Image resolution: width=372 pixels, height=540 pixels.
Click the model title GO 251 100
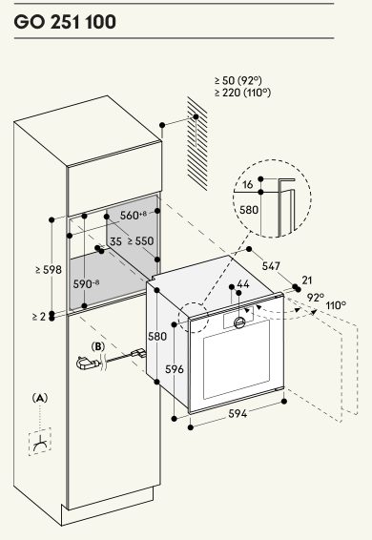(65, 22)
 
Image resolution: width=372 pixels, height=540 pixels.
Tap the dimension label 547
(271, 266)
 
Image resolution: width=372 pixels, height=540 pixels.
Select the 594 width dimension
(238, 413)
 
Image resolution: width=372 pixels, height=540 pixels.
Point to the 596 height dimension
(175, 369)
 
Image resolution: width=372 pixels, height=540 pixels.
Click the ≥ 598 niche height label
(49, 270)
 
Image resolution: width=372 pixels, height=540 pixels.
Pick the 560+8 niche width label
(134, 216)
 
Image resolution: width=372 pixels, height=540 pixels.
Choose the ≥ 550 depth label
(140, 240)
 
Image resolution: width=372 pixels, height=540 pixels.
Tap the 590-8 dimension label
(87, 284)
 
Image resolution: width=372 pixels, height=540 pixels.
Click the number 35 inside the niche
(115, 241)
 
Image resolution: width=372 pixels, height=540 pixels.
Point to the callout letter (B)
(98, 346)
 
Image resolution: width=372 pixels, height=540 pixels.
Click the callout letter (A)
(40, 398)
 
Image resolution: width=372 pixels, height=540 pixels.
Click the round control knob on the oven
(239, 322)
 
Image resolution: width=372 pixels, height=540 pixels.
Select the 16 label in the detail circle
(247, 184)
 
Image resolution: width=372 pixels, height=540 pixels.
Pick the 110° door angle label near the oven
(336, 305)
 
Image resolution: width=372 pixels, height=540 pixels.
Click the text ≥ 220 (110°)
(242, 93)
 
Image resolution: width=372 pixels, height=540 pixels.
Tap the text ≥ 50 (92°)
(238, 80)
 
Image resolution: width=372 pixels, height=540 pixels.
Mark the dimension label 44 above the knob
(243, 284)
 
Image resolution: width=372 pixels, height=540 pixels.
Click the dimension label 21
(306, 280)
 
